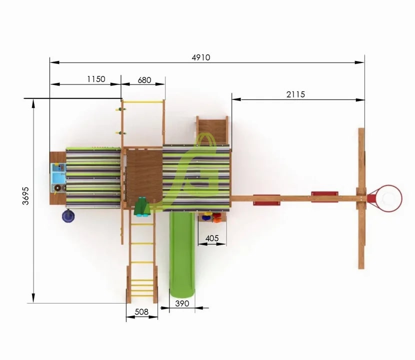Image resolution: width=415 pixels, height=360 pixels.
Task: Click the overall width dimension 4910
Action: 201,57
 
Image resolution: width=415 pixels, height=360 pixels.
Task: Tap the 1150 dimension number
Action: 96,79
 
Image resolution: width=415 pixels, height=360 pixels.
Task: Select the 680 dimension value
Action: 144,80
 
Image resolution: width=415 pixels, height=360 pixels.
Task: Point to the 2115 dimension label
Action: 295,94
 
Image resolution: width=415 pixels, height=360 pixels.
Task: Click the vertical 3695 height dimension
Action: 25,196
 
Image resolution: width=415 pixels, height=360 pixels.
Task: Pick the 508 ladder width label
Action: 141,312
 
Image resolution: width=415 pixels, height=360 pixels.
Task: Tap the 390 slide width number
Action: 182,303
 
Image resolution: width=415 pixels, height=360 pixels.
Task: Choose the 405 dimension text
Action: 212,238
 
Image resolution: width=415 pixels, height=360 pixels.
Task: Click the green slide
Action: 182,254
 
